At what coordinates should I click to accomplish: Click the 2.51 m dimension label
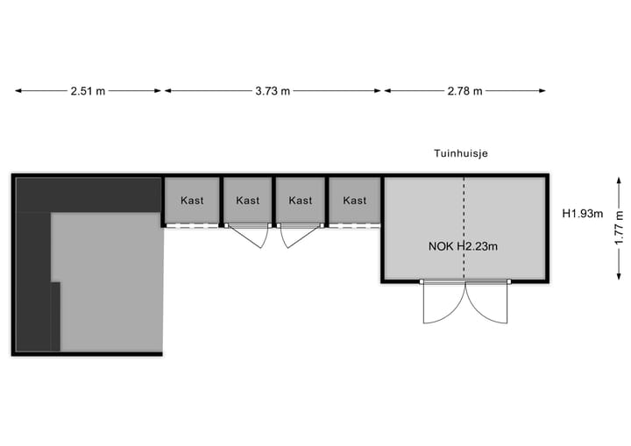(88, 91)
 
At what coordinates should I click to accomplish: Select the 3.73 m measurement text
(273, 91)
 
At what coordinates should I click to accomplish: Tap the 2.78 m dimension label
(464, 91)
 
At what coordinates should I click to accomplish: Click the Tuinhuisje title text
(461, 153)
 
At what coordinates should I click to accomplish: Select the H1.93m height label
(583, 213)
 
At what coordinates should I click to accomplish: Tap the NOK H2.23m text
(464, 246)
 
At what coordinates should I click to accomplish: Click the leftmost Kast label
(193, 201)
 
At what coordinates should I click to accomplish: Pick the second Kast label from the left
(248, 201)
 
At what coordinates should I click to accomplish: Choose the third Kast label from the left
(301, 201)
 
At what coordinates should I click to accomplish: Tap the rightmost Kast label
(355, 201)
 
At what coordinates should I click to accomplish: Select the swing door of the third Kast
(292, 236)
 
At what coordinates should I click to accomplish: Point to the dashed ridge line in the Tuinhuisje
(464, 210)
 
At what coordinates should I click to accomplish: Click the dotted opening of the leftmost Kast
(193, 226)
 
